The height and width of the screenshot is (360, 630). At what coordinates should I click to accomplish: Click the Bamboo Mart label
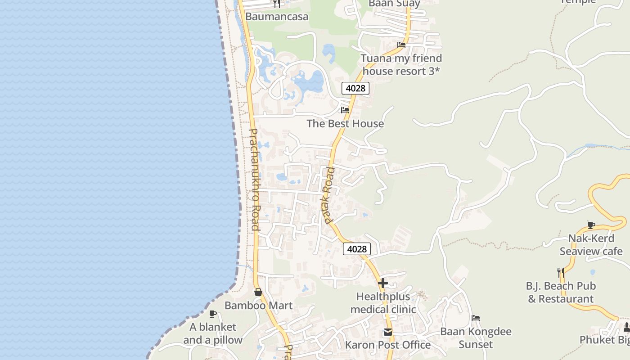pos(258,306)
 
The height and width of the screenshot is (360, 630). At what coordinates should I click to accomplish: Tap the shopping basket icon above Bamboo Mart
pos(258,292)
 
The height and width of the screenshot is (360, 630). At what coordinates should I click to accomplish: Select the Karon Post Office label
pos(387,345)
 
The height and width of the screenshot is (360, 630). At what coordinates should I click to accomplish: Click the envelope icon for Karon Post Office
pos(387,333)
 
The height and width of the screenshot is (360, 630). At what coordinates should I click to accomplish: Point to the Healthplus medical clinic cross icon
pos(383,283)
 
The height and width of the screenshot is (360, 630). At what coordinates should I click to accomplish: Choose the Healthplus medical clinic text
pos(383,303)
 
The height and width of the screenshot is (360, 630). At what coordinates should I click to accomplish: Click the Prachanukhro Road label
pos(254,180)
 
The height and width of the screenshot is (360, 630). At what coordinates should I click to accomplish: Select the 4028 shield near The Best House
pos(355,88)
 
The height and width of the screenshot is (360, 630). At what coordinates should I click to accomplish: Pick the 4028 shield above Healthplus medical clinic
pos(357,249)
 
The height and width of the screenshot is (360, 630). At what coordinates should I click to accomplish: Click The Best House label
pos(345,124)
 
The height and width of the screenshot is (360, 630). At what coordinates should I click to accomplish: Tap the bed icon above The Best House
pos(345,110)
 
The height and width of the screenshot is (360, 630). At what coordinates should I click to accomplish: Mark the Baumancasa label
pos(277,17)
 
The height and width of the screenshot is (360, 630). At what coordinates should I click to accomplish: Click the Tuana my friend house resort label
pos(401,65)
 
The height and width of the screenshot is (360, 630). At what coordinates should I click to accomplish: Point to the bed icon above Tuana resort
pos(401,45)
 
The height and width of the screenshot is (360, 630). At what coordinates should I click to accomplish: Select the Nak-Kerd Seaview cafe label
pos(591,245)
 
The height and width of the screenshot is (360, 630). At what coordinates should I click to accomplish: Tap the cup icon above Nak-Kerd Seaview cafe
pos(591,225)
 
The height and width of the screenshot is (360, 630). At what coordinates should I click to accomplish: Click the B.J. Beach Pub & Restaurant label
pos(561,292)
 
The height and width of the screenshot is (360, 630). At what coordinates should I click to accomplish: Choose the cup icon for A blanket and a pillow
pos(213,314)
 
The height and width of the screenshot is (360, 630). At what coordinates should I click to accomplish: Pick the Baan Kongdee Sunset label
pos(476,338)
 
